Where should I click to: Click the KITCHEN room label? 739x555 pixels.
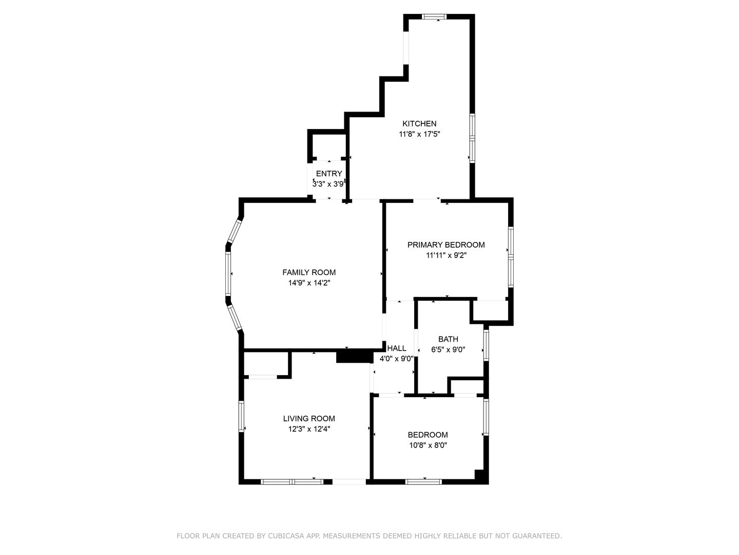(419, 124)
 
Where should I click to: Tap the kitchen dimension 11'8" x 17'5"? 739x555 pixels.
(419, 134)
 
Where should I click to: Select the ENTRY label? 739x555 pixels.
(329, 174)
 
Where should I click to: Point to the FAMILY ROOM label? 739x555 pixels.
(309, 272)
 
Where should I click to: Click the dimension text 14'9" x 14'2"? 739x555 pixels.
(309, 283)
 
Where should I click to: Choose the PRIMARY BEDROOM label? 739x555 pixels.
(446, 245)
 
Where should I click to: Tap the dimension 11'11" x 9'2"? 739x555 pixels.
(446, 255)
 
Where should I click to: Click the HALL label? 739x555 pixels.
(397, 348)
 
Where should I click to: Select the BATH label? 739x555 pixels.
(448, 339)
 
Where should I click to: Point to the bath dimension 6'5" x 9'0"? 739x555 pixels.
(448, 349)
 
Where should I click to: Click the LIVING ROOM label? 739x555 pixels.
(309, 418)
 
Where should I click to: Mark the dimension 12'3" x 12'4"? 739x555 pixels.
(309, 429)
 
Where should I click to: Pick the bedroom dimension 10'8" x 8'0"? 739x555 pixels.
(428, 445)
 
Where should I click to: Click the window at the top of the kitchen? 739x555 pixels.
(434, 16)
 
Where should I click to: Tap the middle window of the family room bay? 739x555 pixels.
(228, 273)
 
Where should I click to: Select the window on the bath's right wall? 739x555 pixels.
(486, 344)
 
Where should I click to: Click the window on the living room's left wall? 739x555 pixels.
(241, 416)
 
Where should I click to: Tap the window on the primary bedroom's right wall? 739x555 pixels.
(511, 257)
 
